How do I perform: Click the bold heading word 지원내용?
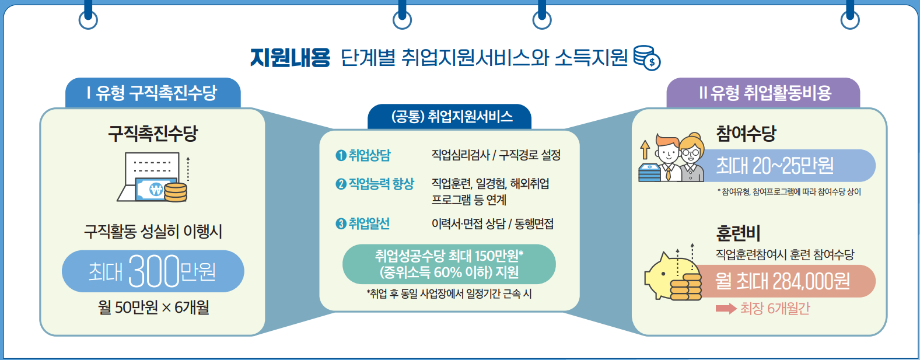[x=290, y=58]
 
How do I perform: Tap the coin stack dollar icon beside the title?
[x=646, y=58]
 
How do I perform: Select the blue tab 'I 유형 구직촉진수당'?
[x=152, y=93]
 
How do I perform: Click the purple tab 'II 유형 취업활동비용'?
[x=764, y=93]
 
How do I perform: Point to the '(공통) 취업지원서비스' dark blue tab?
[x=450, y=117]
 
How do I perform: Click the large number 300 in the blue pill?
[x=153, y=271]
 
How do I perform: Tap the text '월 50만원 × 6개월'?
[x=153, y=307]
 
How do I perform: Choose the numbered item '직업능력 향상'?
[x=375, y=184]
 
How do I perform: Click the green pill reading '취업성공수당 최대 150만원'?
[x=449, y=264]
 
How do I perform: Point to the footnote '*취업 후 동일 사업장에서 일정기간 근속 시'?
[x=449, y=293]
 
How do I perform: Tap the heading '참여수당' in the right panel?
[x=746, y=133]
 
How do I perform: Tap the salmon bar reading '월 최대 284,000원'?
[x=783, y=281]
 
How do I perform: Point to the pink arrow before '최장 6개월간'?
[x=726, y=308]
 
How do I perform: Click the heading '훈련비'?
[x=738, y=233]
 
